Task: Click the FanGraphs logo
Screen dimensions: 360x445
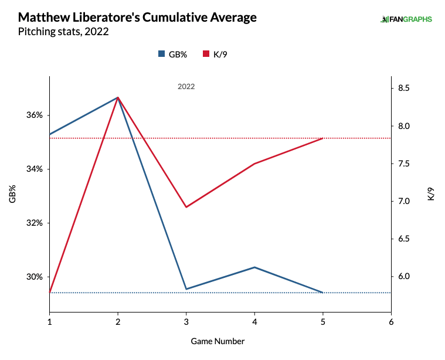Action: [x=406, y=19]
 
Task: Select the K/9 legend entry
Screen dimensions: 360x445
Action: [x=216, y=54]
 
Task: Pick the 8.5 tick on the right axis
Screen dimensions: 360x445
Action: [x=405, y=89]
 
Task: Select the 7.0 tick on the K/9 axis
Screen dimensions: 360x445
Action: [x=405, y=201]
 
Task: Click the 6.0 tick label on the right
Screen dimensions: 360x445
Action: [x=405, y=277]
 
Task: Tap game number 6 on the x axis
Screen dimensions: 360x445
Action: [x=391, y=322]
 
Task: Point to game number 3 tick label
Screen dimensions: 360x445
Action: [x=186, y=322]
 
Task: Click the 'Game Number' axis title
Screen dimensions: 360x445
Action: [x=218, y=341]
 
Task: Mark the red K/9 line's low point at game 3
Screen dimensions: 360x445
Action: [x=186, y=207]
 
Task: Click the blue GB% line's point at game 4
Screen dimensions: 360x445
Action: [x=254, y=267]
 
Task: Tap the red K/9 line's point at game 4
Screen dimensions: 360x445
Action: [x=254, y=164]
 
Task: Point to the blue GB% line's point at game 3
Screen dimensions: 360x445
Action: [x=186, y=289]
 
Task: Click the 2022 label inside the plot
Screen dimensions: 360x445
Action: [x=186, y=86]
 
